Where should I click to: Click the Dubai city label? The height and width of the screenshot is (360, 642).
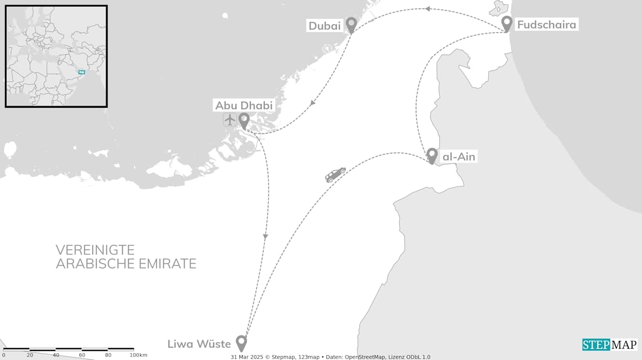tap(325, 26)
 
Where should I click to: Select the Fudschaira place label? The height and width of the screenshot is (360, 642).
tap(546, 25)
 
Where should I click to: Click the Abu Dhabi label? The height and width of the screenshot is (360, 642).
tap(244, 105)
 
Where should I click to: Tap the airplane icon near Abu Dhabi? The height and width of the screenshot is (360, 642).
tap(230, 120)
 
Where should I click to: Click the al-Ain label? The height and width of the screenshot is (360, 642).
tap(458, 157)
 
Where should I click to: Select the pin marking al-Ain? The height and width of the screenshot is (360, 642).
tap(432, 155)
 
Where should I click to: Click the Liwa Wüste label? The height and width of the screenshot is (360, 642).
tap(199, 344)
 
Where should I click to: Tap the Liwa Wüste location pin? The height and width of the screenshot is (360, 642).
tap(242, 342)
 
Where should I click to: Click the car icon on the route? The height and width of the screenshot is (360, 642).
tap(336, 174)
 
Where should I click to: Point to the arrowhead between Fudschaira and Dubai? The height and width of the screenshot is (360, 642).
tap(427, 9)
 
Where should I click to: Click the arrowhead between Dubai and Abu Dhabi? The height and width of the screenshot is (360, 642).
tap(313, 103)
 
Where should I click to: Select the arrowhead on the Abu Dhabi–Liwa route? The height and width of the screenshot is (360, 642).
tap(265, 236)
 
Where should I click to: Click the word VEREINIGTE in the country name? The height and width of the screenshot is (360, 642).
tap(95, 250)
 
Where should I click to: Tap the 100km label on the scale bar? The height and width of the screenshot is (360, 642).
tap(138, 355)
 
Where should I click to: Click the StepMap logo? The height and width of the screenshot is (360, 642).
tap(609, 344)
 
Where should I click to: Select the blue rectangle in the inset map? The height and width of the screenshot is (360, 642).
tap(82, 72)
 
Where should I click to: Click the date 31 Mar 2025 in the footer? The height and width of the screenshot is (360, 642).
tap(247, 357)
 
